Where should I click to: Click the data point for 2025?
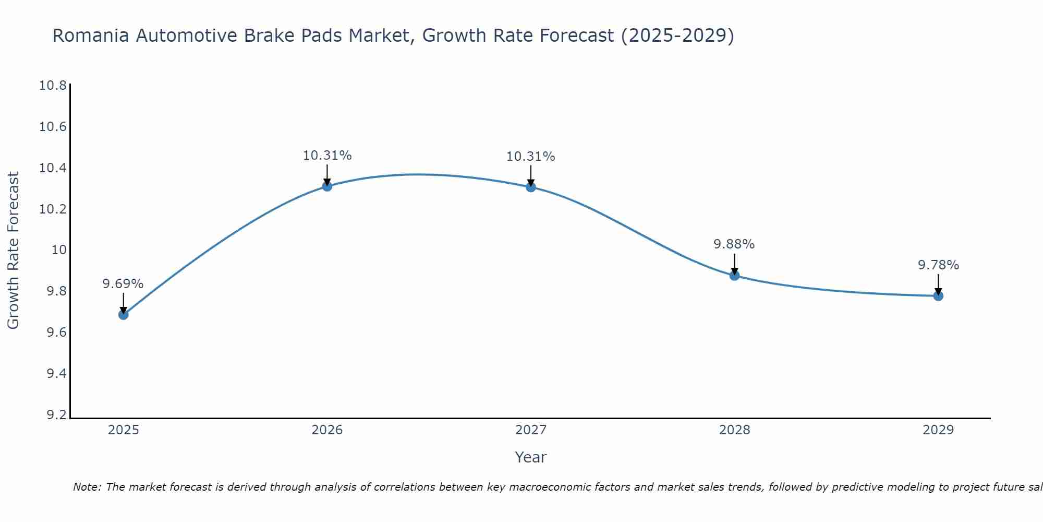click(x=124, y=314)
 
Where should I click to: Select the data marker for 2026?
click(x=327, y=186)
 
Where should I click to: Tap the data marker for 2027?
click(x=531, y=187)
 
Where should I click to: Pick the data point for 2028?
click(x=734, y=275)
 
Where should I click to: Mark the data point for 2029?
click(x=938, y=296)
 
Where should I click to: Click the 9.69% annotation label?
click(x=123, y=284)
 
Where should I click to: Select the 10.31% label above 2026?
click(x=327, y=156)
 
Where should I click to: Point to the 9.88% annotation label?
click(x=734, y=244)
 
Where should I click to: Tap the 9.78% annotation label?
click(x=938, y=265)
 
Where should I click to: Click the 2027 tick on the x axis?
click(x=531, y=430)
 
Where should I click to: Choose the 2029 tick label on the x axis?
click(x=938, y=430)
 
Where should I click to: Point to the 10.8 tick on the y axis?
click(x=53, y=86)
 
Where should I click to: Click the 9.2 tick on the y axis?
click(x=56, y=415)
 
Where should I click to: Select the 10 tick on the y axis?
click(x=59, y=250)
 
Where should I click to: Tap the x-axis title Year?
click(x=530, y=457)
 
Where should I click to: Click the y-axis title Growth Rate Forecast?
click(x=13, y=250)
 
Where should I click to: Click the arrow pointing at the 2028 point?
click(x=734, y=264)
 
